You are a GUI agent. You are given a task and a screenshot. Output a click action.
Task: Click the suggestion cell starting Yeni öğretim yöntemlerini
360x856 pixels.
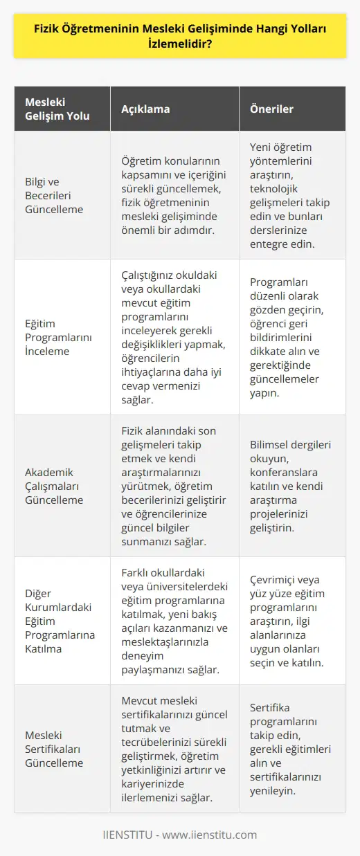pyautogui.click(x=297, y=196)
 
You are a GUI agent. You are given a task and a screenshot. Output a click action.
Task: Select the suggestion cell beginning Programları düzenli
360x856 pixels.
pyautogui.click(x=297, y=336)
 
